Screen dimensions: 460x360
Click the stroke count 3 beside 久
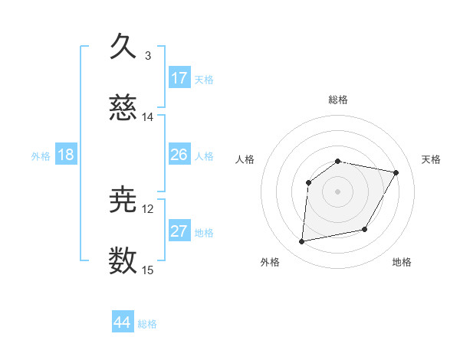click(x=148, y=56)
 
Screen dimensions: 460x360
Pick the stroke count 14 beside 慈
click(x=148, y=117)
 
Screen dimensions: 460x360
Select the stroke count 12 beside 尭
click(x=148, y=209)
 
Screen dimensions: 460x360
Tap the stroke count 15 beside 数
click(x=148, y=270)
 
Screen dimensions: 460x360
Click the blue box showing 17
click(x=179, y=78)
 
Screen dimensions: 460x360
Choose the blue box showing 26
click(x=179, y=155)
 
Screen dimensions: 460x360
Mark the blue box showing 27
click(x=179, y=231)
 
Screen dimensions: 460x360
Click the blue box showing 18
click(x=66, y=155)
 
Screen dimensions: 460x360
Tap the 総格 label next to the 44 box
click(x=147, y=324)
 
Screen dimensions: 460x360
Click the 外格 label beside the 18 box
click(x=41, y=156)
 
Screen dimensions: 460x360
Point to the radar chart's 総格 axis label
click(x=338, y=100)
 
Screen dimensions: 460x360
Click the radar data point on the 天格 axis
click(x=396, y=173)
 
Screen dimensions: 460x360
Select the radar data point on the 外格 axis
click(x=302, y=242)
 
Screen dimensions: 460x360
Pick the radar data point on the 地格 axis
click(x=365, y=229)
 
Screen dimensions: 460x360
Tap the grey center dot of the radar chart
click(x=338, y=191)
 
